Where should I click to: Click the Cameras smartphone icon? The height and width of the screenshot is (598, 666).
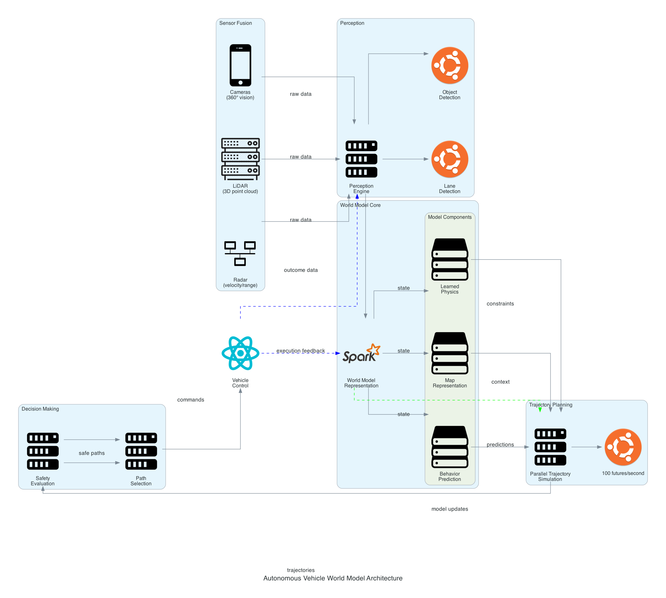(240, 65)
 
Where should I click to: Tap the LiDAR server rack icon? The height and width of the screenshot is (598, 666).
(240, 159)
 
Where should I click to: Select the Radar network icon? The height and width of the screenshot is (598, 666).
(240, 253)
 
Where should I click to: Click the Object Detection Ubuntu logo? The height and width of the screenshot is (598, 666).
(449, 65)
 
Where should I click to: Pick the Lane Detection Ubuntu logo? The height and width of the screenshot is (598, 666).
(449, 159)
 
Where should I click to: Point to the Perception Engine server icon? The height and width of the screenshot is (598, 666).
(361, 159)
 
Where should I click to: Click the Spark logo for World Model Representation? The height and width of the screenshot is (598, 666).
(361, 353)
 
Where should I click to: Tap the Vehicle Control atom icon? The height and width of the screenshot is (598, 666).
(240, 353)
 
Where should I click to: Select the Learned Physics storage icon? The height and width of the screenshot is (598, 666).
(449, 259)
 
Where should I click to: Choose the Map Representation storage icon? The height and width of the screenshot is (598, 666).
(449, 353)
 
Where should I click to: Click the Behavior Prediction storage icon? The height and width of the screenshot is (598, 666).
(449, 447)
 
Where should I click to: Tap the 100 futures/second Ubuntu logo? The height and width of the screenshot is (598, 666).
(623, 447)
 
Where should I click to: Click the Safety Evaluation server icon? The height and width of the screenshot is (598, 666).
(43, 451)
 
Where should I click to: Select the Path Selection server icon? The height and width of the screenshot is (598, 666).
(141, 451)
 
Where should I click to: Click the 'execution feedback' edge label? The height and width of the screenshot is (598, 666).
(300, 351)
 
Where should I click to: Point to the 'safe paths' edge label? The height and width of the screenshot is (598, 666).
(91, 453)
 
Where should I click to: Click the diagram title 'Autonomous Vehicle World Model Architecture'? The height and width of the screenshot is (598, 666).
(332, 578)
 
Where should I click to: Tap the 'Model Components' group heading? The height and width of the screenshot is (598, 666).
(449, 217)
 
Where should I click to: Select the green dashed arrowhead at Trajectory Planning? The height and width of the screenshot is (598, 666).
(540, 410)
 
